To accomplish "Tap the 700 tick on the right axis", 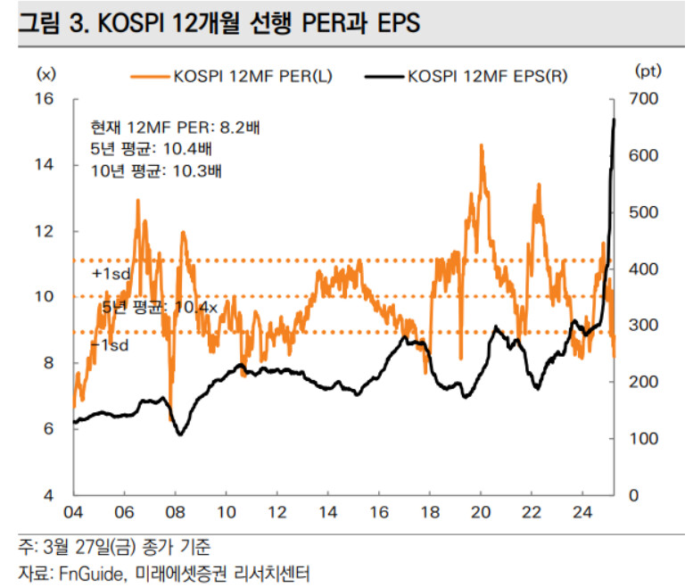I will pyautogui.click(x=644, y=98).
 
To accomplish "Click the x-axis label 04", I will pyautogui.click(x=73, y=515).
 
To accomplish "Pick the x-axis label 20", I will pyautogui.click(x=481, y=515).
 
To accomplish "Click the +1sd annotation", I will pyautogui.click(x=111, y=273).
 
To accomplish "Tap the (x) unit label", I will pyautogui.click(x=45, y=71).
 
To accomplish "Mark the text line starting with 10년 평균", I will pyautogui.click(x=157, y=169).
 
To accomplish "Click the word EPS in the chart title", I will pyautogui.click(x=392, y=25).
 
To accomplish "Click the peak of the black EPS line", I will pyautogui.click(x=614, y=119).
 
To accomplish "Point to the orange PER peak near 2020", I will pyautogui.click(x=482, y=145).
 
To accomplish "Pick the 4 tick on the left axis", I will pyautogui.click(x=50, y=495).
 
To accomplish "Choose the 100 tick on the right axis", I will pyautogui.click(x=644, y=439).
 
